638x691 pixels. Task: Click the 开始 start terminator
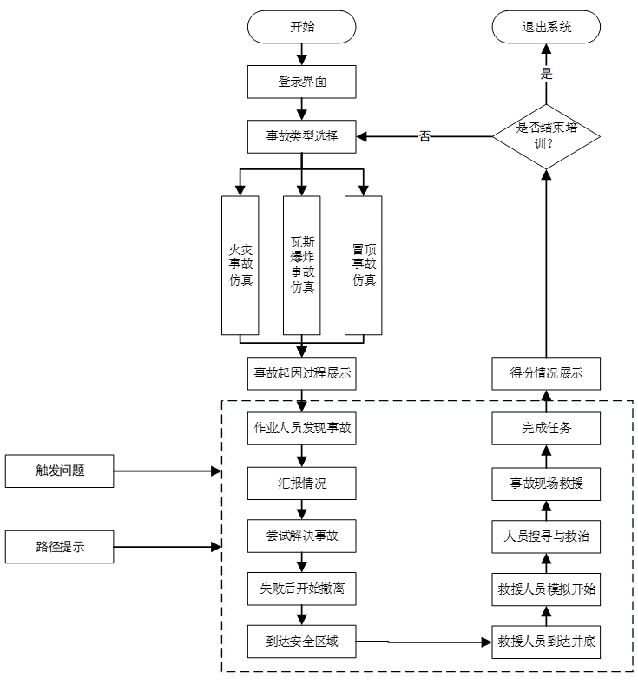coord(302,26)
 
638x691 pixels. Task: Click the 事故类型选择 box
coord(302,136)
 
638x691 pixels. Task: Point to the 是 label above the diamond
coord(547,74)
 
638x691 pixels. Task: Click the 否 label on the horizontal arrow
coord(424,137)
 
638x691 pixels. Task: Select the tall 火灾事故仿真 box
coord(240,265)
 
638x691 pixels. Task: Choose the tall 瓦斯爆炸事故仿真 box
coord(302,265)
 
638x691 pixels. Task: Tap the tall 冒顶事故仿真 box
coord(364,265)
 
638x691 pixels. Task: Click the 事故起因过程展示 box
coord(302,373)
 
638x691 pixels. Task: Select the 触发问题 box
coord(59,471)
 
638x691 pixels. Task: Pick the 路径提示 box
coord(59,547)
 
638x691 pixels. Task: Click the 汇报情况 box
coord(302,483)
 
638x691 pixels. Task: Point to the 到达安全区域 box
coord(302,642)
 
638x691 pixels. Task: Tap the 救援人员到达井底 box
coord(546,642)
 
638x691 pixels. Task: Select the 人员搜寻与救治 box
coord(546,536)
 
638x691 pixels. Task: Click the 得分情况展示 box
coord(546,373)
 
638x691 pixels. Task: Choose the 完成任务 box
coord(546,428)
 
